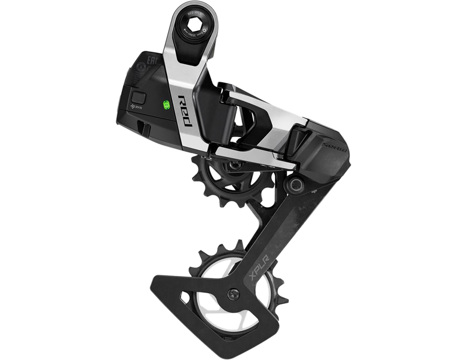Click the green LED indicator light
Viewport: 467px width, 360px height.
coord(166,106)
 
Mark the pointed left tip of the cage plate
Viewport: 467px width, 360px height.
coord(153,279)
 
